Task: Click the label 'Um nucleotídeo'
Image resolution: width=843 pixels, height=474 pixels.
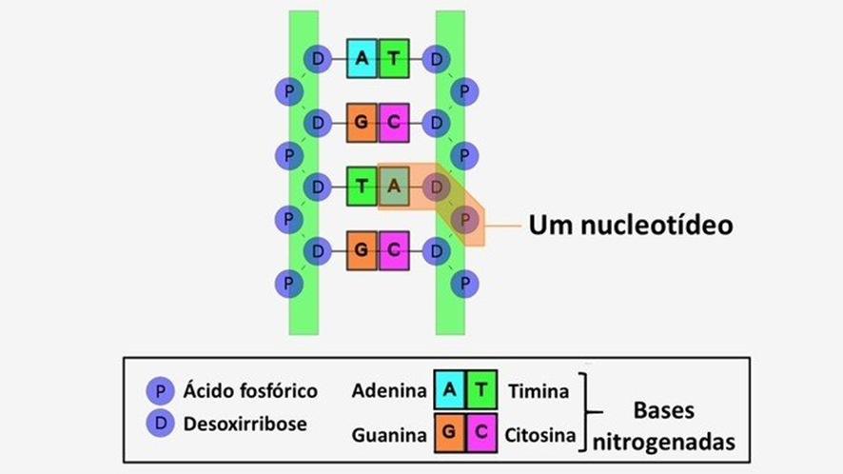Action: coord(631,226)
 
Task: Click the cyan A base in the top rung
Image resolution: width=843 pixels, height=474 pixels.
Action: coord(362,59)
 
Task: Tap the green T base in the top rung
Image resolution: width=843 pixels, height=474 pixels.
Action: coord(393,59)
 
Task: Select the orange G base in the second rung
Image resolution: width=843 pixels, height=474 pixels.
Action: coord(362,123)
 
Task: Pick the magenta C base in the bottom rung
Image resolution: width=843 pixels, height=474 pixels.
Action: coord(393,250)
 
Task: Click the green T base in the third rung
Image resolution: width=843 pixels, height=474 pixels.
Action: coord(362,187)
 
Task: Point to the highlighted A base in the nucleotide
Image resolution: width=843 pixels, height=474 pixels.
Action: coord(393,187)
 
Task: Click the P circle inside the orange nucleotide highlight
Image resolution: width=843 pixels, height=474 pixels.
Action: coord(464,219)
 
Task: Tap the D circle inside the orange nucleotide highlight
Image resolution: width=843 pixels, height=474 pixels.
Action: coord(436,187)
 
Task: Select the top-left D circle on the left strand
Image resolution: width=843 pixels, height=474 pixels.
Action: coord(317,59)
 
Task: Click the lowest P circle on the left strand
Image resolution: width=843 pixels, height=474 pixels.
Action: coord(288,283)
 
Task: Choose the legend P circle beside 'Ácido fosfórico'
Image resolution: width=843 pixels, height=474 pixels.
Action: coord(160,391)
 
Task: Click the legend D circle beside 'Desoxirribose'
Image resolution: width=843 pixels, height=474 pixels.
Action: coord(160,425)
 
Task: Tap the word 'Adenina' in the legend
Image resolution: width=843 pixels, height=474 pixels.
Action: coord(388,391)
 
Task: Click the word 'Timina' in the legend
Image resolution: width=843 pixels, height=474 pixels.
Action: coord(539,391)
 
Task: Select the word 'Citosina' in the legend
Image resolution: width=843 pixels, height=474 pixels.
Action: coord(540,436)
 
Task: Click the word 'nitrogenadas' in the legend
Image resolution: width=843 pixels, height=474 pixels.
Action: coord(664,443)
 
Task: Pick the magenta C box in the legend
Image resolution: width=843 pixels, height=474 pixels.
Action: coord(481,434)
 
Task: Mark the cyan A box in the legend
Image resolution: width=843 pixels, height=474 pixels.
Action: coord(450,390)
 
